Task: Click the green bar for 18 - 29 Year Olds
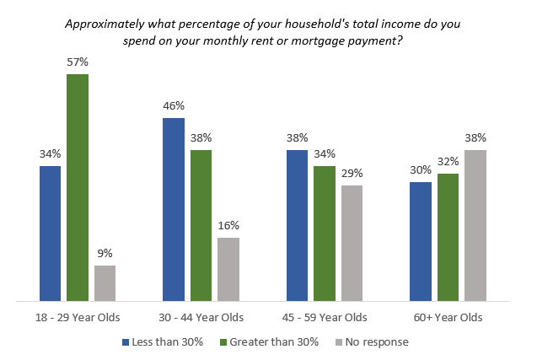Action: (x=78, y=187)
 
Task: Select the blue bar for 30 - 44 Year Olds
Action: (x=174, y=209)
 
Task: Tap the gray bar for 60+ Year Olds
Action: (x=475, y=225)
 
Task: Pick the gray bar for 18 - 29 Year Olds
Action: (x=105, y=283)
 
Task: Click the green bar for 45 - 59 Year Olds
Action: (x=325, y=234)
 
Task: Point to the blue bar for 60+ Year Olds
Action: (x=421, y=241)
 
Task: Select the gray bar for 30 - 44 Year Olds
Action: (x=228, y=269)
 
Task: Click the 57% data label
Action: (x=78, y=62)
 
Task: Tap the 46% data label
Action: (x=174, y=106)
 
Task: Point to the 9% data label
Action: (x=105, y=253)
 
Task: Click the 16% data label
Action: (x=228, y=225)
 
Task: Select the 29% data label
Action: (x=352, y=173)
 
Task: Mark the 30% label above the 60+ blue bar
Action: (x=421, y=169)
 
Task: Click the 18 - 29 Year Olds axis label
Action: (x=78, y=318)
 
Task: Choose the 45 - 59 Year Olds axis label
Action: (x=325, y=318)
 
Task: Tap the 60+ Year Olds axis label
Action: (x=448, y=318)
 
